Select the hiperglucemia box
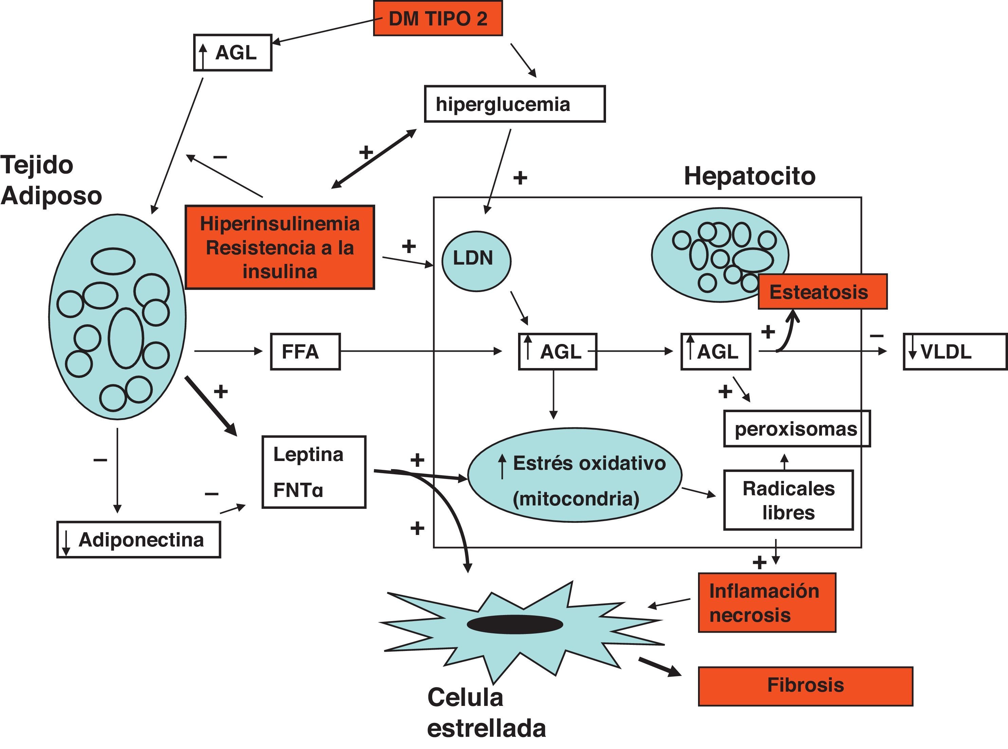pos(514,104)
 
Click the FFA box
pos(305,352)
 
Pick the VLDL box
pos(954,352)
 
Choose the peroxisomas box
pos(796,429)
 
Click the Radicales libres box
pos(788,500)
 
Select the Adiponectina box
pos(139,540)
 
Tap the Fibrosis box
pos(805,686)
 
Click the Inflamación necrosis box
pos(767,602)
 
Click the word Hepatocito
pos(749,176)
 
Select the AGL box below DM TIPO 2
pos(233,53)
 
